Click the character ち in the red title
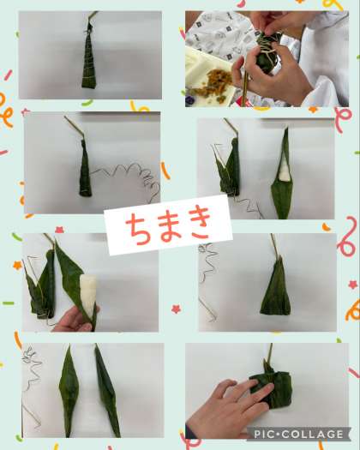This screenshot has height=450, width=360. tap(136, 229)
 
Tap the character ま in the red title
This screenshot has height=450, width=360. tap(166, 227)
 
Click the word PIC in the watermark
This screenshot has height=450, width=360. tap(263, 434)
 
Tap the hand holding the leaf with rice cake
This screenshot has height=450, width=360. tap(76, 319)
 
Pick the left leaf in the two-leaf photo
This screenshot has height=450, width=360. tap(69, 390)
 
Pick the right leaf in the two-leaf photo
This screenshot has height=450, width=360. tap(107, 390)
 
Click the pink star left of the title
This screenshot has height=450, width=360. tap(59, 230)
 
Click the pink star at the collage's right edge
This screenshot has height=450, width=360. tap(352, 285)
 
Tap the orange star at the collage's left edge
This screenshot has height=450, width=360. tap(17, 265)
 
